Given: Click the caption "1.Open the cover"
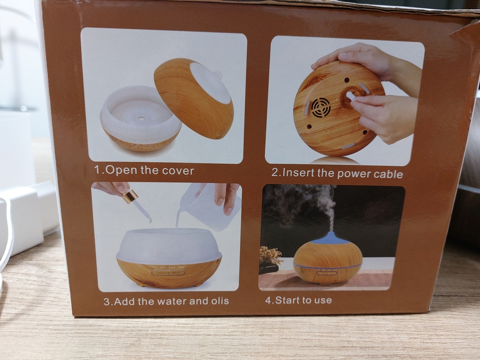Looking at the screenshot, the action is (144, 170).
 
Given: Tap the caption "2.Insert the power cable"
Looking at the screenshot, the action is (337, 173).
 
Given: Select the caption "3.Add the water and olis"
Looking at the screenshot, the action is (166, 301).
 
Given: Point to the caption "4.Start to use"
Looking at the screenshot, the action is (299, 300).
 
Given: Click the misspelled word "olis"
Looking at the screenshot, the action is (220, 301).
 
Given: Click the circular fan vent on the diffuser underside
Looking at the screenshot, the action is (321, 107).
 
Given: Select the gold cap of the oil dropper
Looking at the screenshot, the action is (130, 196).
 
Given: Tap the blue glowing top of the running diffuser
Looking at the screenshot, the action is (330, 238).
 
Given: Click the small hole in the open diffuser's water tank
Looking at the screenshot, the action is (141, 118).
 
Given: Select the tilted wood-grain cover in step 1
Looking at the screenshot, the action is (194, 98).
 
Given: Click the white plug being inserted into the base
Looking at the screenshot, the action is (351, 97).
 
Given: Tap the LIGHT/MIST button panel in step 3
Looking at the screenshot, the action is (168, 272).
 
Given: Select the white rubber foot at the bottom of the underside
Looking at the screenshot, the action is (348, 146).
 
